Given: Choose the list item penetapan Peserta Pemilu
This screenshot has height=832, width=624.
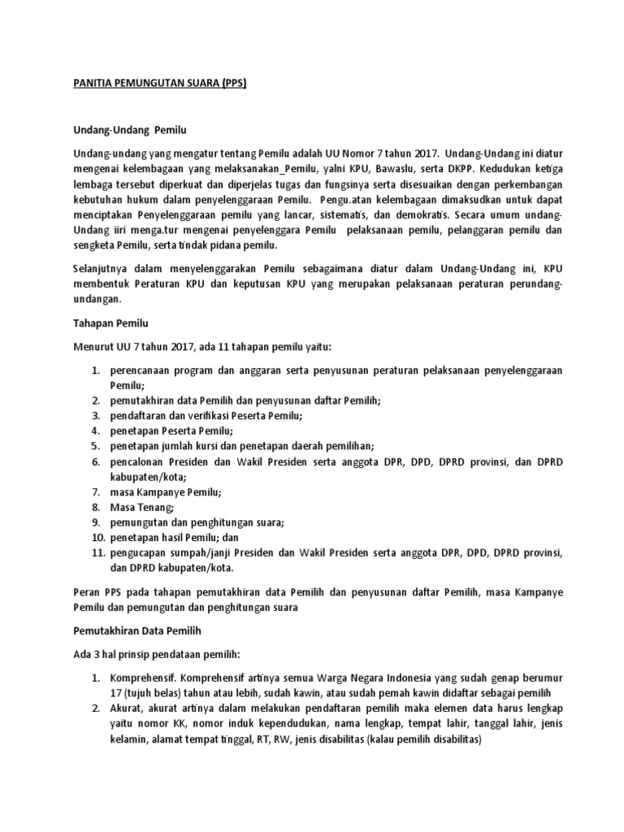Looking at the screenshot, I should (x=171, y=431).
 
